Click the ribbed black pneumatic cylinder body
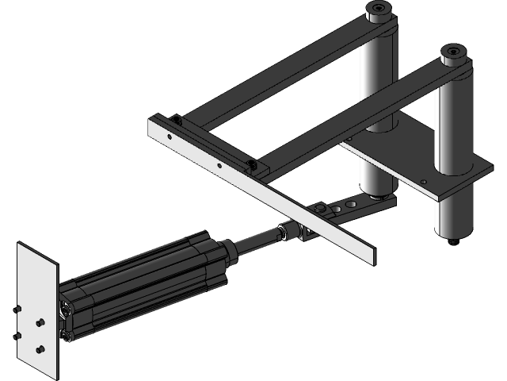pyautogui.click(x=135, y=278)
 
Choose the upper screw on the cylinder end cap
pyautogui.click(x=63, y=306)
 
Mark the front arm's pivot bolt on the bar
pyautogui.click(x=252, y=164)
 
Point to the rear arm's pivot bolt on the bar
pyautogui.click(x=176, y=121)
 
